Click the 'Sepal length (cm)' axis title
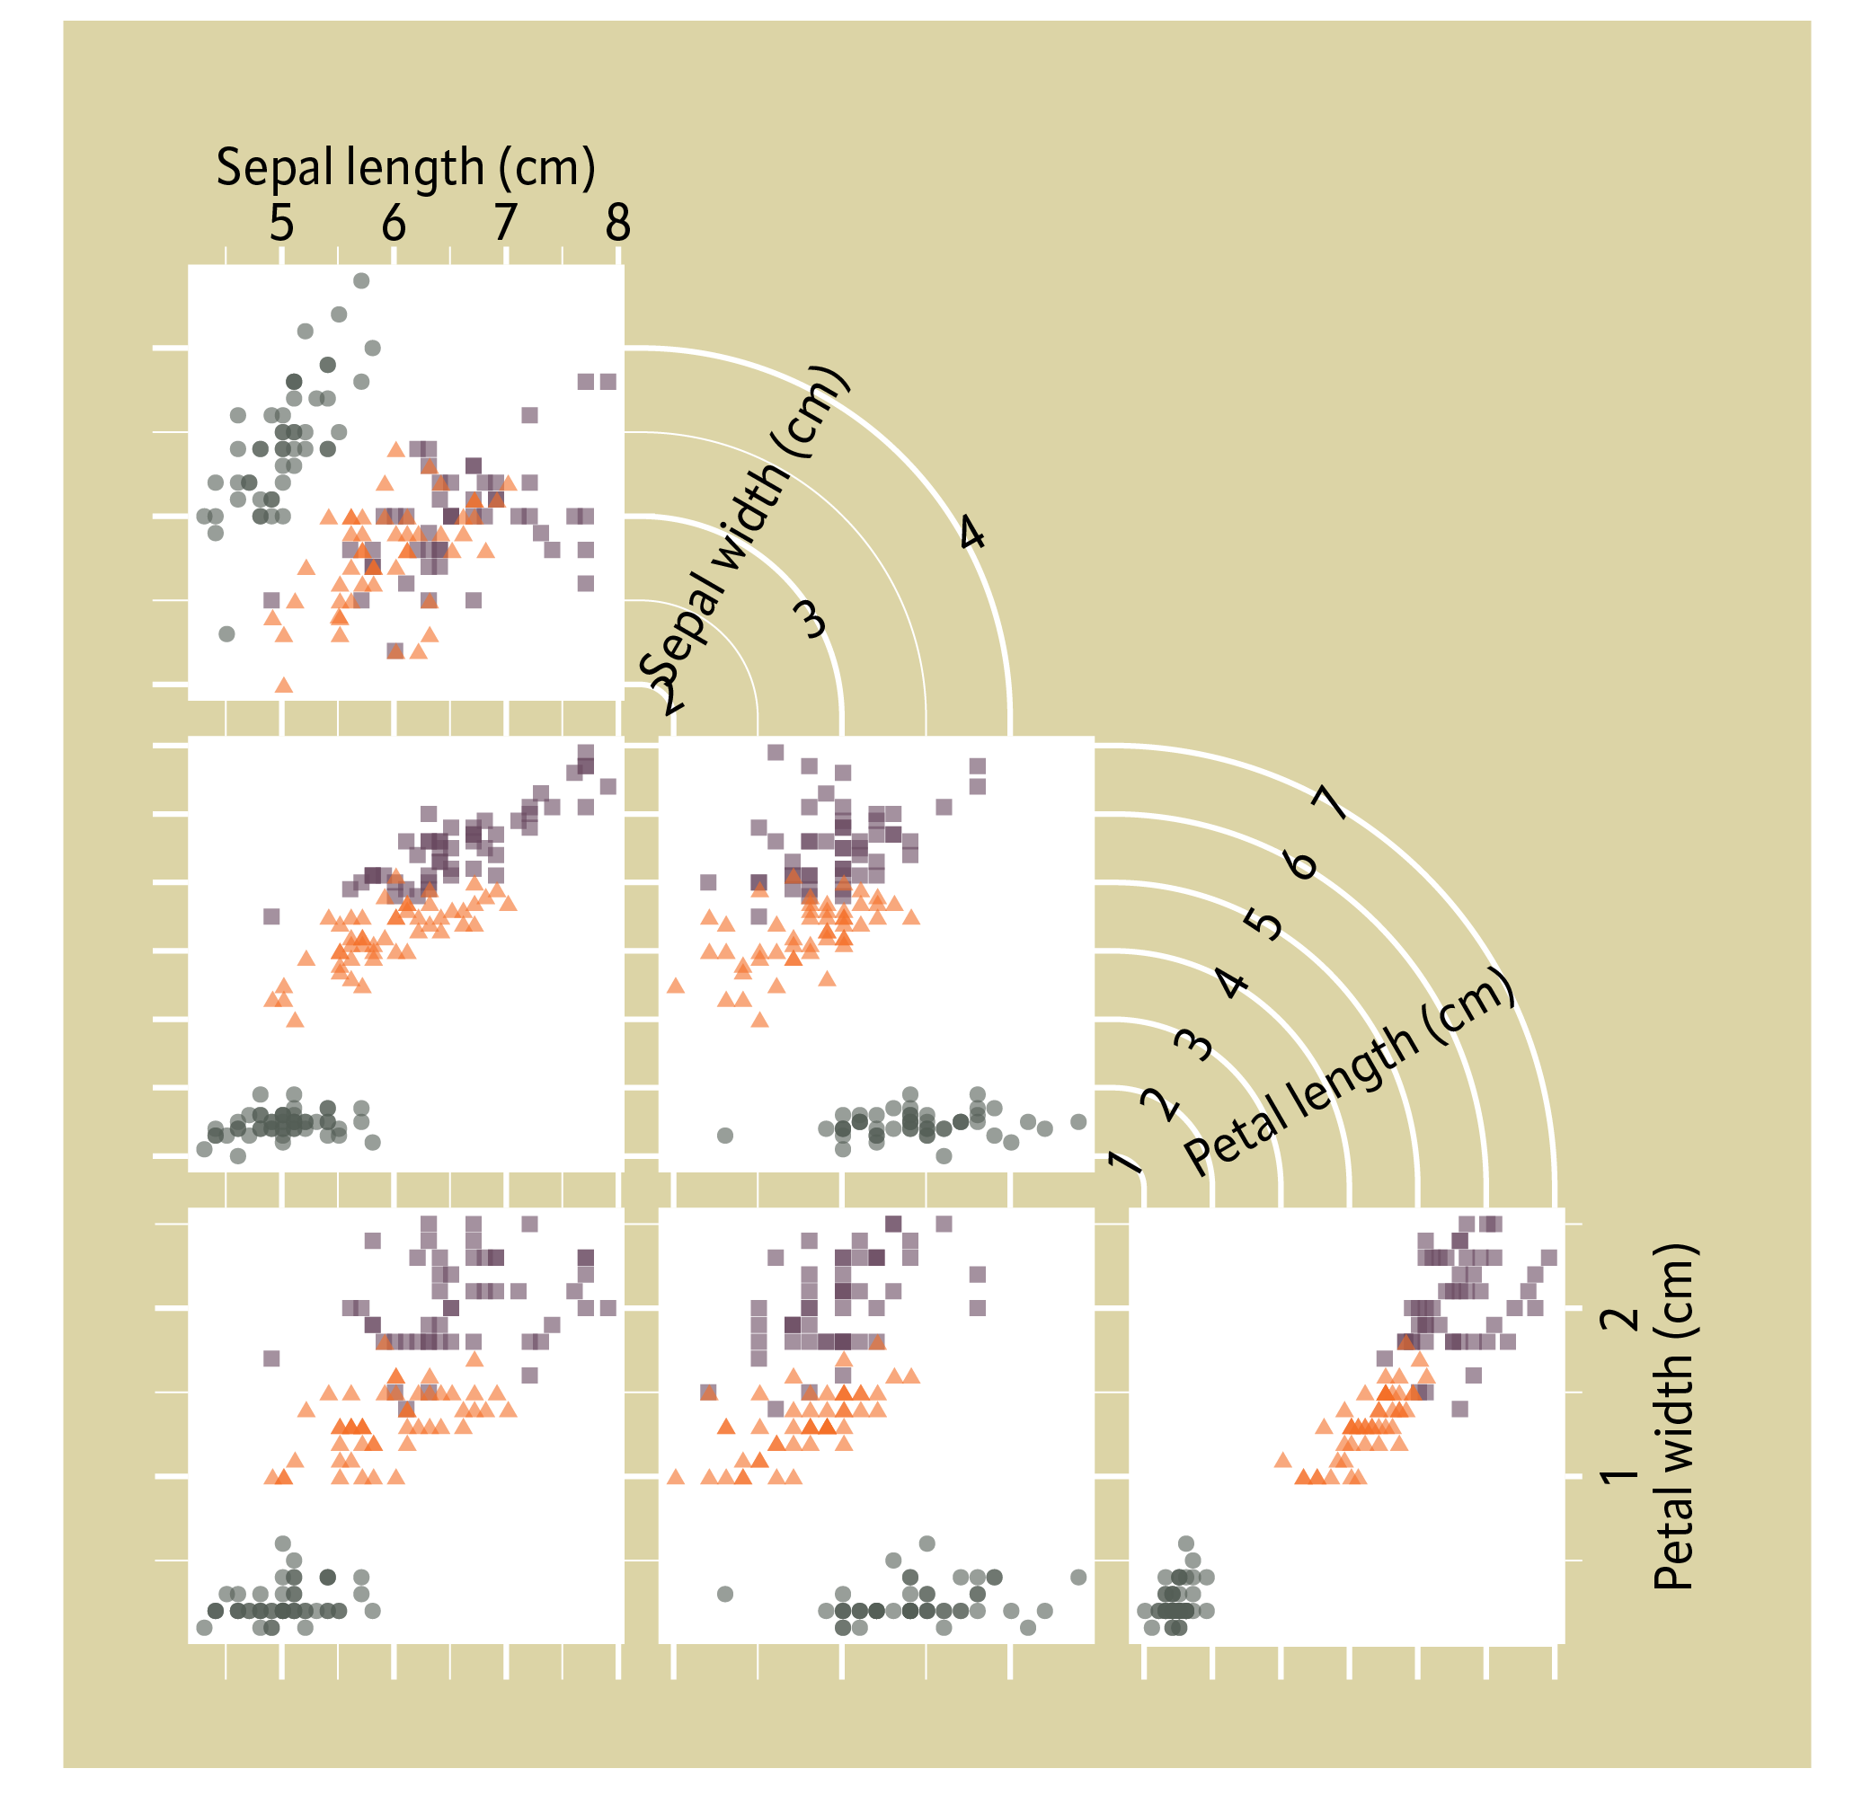click(x=405, y=167)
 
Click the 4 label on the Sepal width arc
click(x=971, y=533)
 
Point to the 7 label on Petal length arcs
click(x=1331, y=804)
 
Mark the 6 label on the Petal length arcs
click(x=1299, y=863)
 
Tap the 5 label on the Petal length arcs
click(x=1264, y=923)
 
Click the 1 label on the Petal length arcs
click(x=1124, y=1160)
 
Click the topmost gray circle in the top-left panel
click(x=361, y=280)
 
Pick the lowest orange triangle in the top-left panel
click(x=283, y=684)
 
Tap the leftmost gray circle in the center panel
click(x=725, y=1135)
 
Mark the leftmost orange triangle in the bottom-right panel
click(x=1282, y=1459)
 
